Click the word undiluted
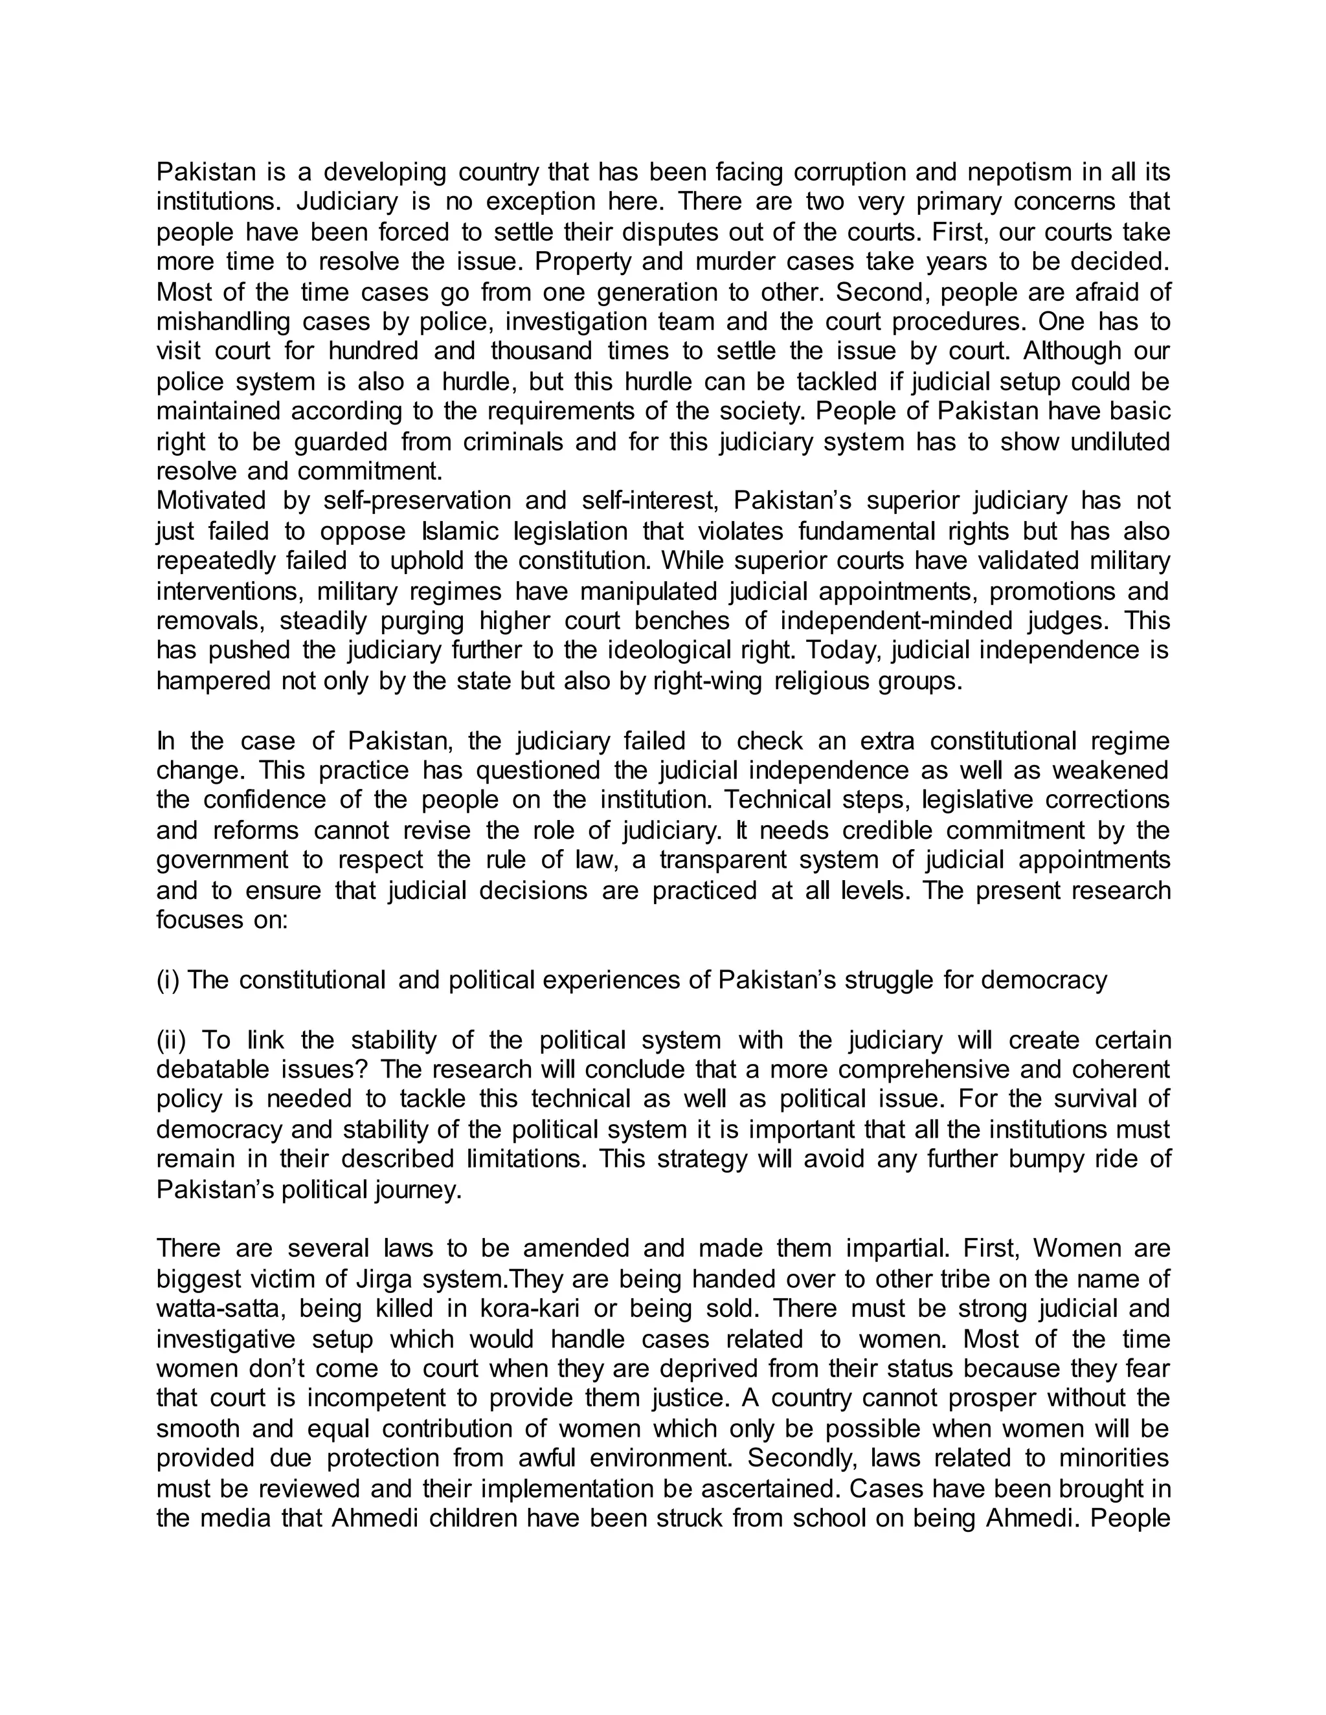click(1120, 441)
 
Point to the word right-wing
click(707, 681)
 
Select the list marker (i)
click(168, 980)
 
